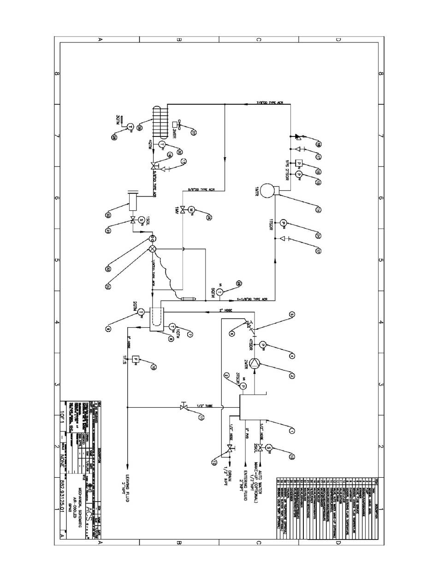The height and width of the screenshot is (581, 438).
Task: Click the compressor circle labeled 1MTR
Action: pos(266,190)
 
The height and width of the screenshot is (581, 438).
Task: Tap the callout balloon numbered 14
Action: pos(318,210)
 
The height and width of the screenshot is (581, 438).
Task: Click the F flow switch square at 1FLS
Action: pos(136,359)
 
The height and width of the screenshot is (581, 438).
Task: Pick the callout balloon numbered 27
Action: pos(194,133)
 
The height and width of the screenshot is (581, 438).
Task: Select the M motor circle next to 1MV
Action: pos(192,210)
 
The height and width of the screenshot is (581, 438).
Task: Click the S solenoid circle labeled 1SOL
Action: pos(141,219)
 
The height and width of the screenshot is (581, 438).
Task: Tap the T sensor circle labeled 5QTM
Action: pos(219,292)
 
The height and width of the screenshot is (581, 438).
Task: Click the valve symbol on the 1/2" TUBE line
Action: pos(183,407)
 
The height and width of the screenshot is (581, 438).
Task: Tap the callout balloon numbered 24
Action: pos(318,236)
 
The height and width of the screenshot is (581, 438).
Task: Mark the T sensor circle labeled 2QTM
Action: pos(141,312)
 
